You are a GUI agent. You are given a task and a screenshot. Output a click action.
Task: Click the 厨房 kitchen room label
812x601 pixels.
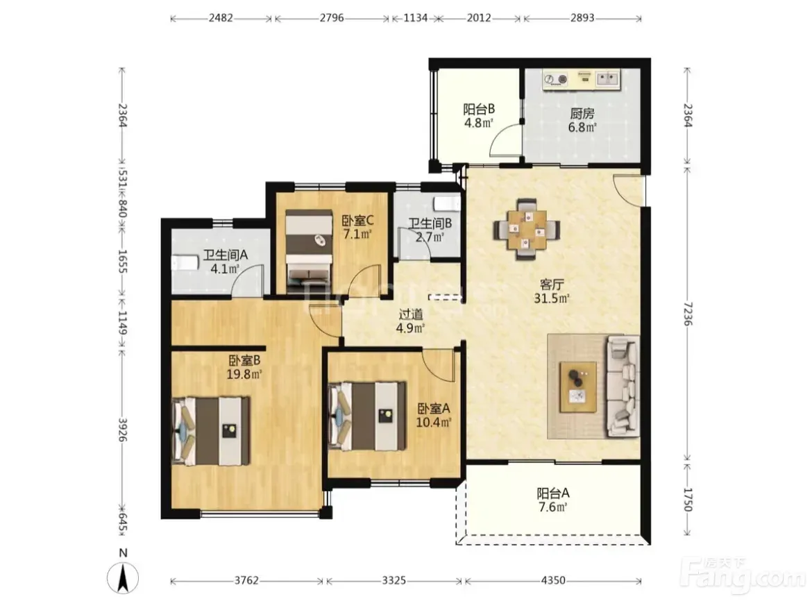pos(582,113)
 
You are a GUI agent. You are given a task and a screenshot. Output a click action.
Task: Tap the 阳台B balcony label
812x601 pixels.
pos(478,109)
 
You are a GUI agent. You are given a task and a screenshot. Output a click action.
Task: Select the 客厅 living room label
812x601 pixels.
pos(552,285)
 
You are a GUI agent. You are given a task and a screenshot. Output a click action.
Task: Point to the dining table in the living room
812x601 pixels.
pos(527,228)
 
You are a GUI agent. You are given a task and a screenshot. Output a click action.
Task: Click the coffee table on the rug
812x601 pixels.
pos(578,387)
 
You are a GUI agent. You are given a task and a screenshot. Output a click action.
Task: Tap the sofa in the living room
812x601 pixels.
pos(623,385)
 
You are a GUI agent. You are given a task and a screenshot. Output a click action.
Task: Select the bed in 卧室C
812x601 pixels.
pos(309,248)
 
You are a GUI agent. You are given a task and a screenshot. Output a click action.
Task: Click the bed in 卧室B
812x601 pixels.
pos(211,430)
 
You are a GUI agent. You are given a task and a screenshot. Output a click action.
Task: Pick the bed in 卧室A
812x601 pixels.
pos(367,416)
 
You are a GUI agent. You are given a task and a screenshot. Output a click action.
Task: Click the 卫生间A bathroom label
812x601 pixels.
pos(226,255)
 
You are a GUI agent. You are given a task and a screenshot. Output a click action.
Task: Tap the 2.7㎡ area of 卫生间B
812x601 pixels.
pos(430,237)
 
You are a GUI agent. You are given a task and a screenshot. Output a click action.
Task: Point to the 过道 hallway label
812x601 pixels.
pos(411,314)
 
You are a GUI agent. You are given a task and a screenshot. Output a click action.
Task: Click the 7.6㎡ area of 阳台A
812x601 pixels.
pos(553,507)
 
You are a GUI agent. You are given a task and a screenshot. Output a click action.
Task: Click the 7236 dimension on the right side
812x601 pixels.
pos(688,314)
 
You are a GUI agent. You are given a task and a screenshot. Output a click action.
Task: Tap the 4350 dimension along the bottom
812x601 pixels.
pos(553,581)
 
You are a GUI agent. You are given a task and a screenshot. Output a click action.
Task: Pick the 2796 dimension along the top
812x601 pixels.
pos(332,17)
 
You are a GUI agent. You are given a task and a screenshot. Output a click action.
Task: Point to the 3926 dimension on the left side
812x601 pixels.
pos(123,430)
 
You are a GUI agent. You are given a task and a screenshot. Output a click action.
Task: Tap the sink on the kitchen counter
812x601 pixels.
pos(607,78)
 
